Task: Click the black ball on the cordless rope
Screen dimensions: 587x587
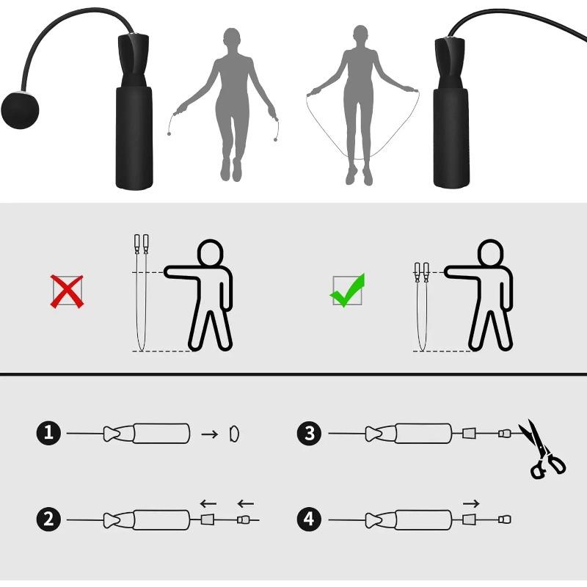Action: (19, 109)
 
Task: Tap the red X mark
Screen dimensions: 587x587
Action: (66, 291)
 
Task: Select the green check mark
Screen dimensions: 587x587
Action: (347, 291)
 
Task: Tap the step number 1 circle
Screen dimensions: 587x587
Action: (48, 434)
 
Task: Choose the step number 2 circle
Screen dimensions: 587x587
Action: (48, 519)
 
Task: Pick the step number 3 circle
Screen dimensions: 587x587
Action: (309, 434)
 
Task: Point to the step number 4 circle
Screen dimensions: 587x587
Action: (309, 519)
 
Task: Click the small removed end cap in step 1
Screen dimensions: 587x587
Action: (235, 434)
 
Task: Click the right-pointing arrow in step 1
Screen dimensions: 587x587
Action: (210, 434)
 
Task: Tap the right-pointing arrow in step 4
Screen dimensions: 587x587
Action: (472, 503)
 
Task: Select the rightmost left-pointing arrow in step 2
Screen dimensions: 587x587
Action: (245, 503)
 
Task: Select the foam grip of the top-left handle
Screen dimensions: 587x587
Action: (134, 138)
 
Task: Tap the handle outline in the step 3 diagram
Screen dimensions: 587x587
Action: (423, 434)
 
